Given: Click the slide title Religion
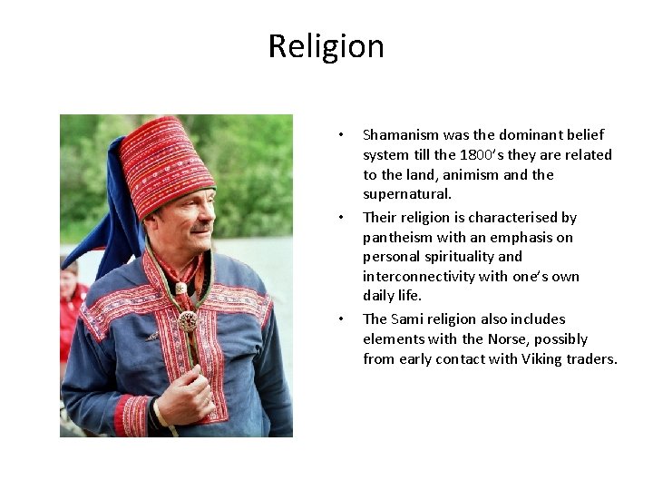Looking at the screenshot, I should click(326, 46).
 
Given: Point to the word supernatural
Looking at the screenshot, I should click(406, 194).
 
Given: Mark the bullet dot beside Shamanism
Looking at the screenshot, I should click(340, 135).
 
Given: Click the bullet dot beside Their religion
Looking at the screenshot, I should click(340, 218).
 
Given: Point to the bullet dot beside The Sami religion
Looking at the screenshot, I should click(340, 319).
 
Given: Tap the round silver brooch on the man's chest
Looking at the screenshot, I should click(189, 320).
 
